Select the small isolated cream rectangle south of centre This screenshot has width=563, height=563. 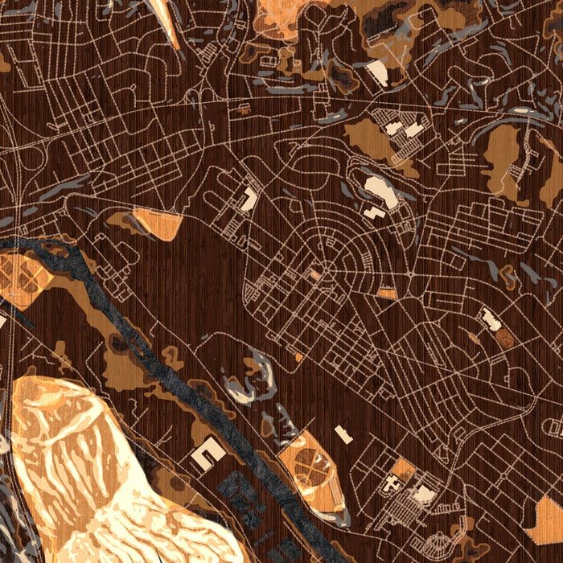click(343, 434)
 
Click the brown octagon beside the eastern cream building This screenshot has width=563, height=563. click(505, 339)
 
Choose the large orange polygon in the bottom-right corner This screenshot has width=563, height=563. click(547, 523)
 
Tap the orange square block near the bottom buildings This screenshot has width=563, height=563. click(402, 470)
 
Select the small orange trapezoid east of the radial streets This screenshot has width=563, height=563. click(387, 294)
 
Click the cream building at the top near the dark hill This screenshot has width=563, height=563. click(376, 73)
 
